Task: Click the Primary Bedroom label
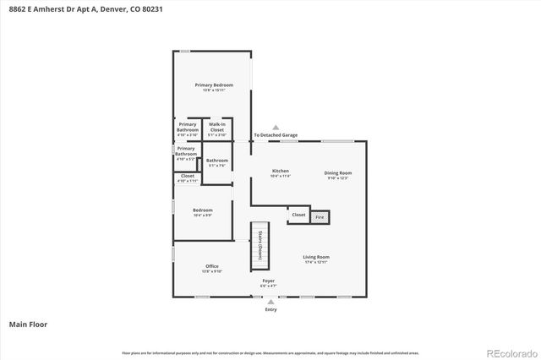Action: [214, 87]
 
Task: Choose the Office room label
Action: [211, 269]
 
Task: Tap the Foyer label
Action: [268, 282]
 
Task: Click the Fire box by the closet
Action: [320, 217]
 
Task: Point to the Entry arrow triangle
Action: [270, 301]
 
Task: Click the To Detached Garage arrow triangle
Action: [276, 128]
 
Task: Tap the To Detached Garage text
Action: [276, 135]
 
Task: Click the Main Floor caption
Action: [28, 324]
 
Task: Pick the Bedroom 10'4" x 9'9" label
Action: [202, 212]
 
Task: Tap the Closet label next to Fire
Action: [298, 215]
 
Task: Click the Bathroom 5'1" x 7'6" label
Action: [217, 162]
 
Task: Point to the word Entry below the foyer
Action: [270, 309]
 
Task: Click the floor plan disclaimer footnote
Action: [270, 352]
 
